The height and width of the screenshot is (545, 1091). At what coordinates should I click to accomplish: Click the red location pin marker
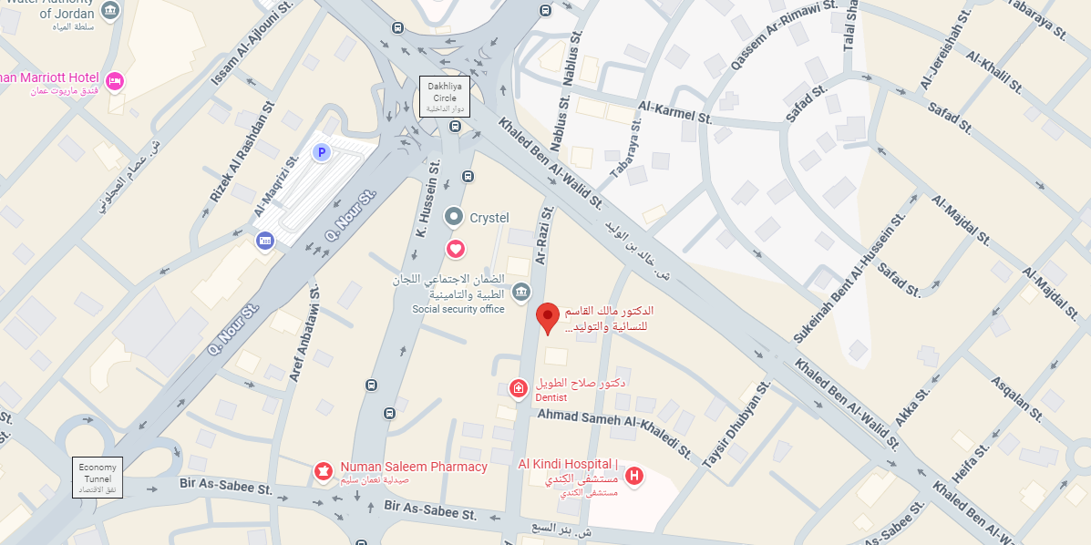(547, 317)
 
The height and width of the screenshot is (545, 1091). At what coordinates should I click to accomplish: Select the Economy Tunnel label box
(98, 477)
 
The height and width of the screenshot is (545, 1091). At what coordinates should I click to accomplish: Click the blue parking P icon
(321, 152)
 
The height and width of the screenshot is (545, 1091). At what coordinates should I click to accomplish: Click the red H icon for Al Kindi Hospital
(634, 475)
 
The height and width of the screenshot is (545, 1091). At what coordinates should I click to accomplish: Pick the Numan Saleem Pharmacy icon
(322, 470)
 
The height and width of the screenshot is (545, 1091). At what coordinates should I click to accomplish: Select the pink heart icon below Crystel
(454, 248)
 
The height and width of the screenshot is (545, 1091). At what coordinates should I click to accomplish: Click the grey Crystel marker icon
(454, 217)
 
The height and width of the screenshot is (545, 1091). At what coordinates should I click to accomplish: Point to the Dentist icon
(518, 389)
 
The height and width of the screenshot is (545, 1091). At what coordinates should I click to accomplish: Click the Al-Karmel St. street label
(675, 112)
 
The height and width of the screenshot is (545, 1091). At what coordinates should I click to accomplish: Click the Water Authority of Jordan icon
(110, 11)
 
